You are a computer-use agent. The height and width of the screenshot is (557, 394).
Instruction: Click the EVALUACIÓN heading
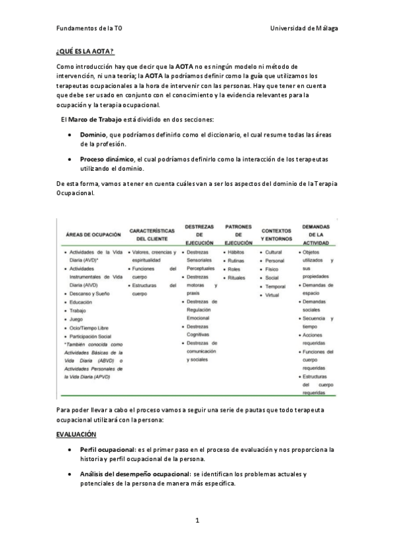coord(76,434)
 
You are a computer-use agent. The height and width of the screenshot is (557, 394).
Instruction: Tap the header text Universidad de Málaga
coord(303,29)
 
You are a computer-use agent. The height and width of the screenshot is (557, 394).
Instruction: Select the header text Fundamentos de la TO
coord(89,29)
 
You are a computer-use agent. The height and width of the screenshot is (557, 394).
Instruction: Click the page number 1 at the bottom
coord(197,520)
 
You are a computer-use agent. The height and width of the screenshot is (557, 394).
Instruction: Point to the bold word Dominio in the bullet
coord(93,134)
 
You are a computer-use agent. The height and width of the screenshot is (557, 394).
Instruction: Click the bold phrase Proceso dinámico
coord(107,159)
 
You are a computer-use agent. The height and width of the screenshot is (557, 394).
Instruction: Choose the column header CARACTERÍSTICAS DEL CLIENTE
coord(152,234)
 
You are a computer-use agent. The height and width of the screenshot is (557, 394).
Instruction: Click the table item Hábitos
coord(235,252)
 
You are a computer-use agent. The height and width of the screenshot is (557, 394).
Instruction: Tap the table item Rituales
coord(237,278)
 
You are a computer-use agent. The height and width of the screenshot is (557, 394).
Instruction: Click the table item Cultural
coord(274,252)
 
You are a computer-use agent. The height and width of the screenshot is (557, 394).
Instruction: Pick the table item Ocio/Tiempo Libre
coord(90,328)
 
